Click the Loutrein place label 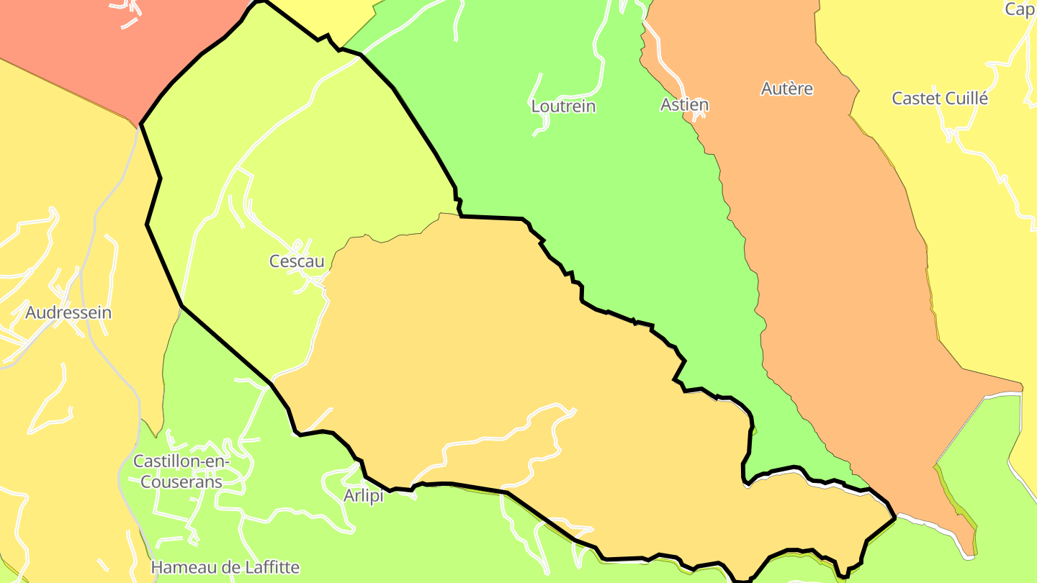563,106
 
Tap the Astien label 684,104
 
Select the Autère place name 787,89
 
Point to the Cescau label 297,261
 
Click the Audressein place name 68,312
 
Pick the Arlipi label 363,496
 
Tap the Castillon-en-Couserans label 181,471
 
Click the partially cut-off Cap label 1020,9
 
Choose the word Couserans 181,482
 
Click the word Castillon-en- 181,461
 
